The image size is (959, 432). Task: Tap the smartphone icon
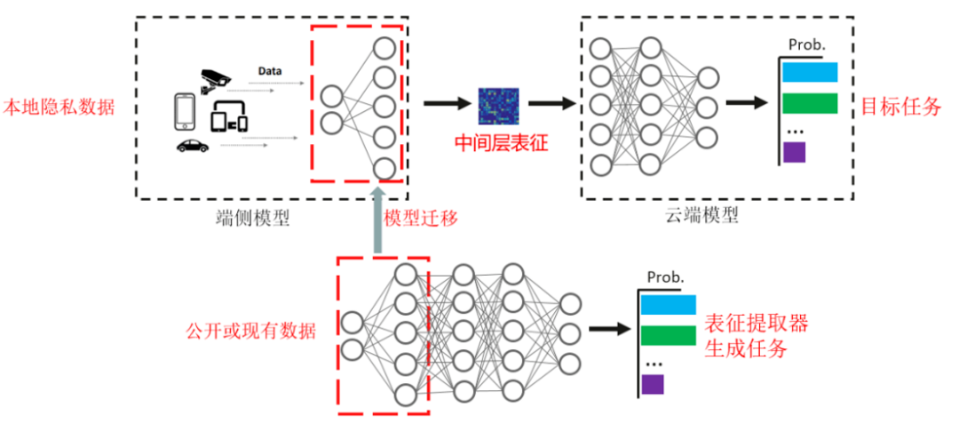[184, 112]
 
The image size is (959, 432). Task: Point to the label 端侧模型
[255, 217]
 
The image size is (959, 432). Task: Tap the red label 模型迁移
[421, 218]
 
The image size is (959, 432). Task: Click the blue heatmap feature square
[497, 105]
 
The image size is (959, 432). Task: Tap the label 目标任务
[900, 108]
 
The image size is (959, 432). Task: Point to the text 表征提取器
[756, 321]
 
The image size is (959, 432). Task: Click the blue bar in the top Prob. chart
[810, 72]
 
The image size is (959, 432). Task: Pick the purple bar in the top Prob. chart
[794, 152]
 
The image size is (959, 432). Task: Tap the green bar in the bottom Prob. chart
[668, 335]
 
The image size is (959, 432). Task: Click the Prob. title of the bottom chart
[665, 277]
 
